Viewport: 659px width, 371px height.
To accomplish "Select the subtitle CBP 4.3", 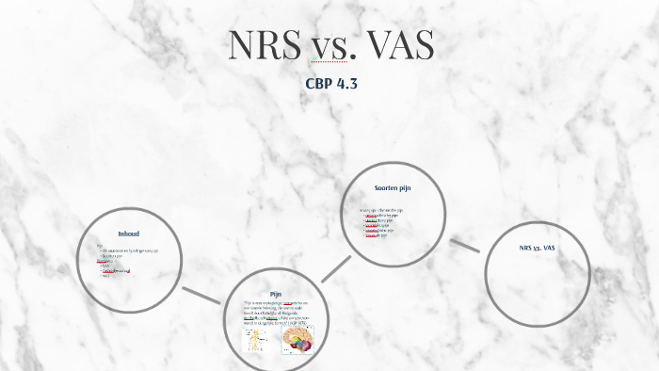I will pos(330,83).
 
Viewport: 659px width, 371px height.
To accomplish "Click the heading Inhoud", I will pos(128,234).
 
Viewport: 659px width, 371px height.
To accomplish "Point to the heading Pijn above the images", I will pos(275,294).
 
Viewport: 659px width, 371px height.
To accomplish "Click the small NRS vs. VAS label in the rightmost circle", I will pos(538,248).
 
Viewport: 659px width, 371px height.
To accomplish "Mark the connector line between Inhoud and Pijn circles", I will pos(201,296).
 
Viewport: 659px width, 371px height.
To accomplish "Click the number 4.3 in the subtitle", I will pos(345,83).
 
